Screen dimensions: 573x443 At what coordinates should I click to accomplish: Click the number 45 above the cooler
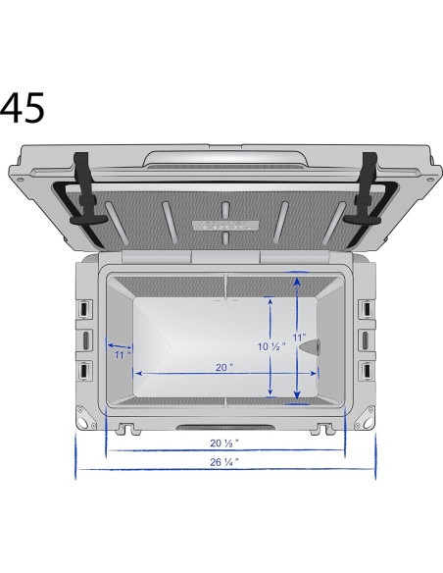pos(23,109)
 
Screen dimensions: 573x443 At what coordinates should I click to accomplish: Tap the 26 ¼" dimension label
pos(224,460)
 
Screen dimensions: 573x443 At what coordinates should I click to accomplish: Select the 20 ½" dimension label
pos(224,443)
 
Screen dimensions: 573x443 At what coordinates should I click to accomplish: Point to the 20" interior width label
pos(224,366)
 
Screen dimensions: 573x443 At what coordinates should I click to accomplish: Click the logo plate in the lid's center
pos(224,225)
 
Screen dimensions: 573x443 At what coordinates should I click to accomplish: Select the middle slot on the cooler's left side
pos(85,339)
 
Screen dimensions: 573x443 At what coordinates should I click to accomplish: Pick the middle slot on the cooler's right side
pos(365,339)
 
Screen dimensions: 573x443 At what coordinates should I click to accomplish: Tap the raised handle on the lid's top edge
pos(224,157)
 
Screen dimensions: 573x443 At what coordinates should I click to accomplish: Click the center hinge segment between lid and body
pos(224,257)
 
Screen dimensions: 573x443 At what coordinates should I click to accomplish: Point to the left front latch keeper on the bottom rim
pos(126,429)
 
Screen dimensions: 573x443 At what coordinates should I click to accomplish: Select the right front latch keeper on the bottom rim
pos(321,429)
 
